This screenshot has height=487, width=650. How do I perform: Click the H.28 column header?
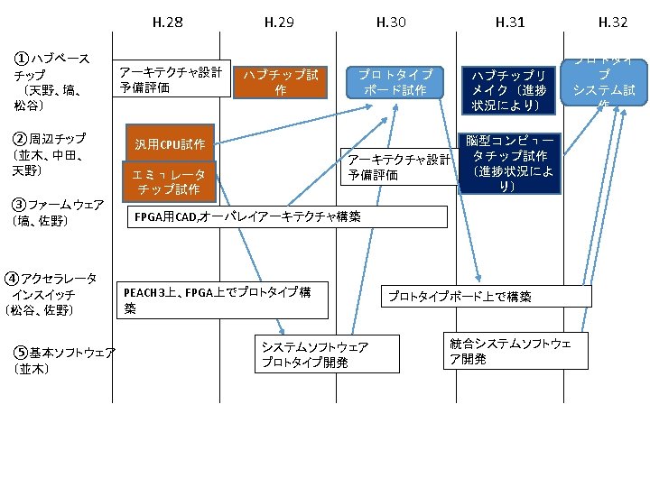169,22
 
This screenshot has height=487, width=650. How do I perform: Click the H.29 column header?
279,22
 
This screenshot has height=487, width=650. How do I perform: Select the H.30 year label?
391,22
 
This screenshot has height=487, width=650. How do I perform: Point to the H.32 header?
613,22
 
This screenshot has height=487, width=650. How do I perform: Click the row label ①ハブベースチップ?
51,82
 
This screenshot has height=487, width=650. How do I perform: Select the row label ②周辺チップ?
49,154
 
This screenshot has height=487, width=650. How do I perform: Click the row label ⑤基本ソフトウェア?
63,359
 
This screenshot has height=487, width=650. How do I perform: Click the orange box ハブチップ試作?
280,82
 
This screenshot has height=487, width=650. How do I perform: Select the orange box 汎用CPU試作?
170,143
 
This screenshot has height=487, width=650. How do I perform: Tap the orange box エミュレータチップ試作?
169,181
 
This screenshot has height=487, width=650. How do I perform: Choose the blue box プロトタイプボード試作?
395,82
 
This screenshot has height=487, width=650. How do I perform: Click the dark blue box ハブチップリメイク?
509,90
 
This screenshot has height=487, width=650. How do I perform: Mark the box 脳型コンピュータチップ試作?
509,163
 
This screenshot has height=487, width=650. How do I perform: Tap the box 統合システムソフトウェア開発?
515,351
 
